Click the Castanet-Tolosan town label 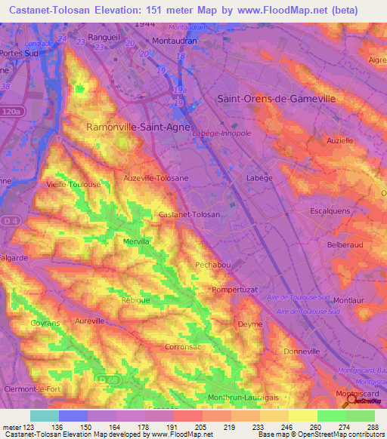click(x=190, y=214)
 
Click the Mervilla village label click(x=137, y=241)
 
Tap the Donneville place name click(x=302, y=352)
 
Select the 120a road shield click(x=12, y=111)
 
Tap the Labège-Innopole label click(x=222, y=134)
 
